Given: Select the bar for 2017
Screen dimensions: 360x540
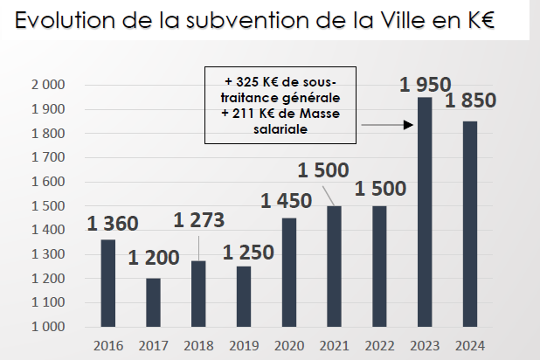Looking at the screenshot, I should coord(153,302).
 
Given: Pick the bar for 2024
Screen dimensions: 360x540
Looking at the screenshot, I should coord(469,224).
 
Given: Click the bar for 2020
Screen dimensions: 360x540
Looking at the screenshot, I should coord(289,273).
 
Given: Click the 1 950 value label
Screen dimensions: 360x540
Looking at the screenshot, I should coord(426,85).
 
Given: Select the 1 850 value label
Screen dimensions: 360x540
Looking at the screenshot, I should coord(470,101).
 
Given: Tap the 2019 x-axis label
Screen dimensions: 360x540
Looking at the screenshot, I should coord(244,343).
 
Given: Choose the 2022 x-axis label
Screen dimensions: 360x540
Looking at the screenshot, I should coord(379,343).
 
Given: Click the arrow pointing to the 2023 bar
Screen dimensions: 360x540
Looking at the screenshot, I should coord(387,125).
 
